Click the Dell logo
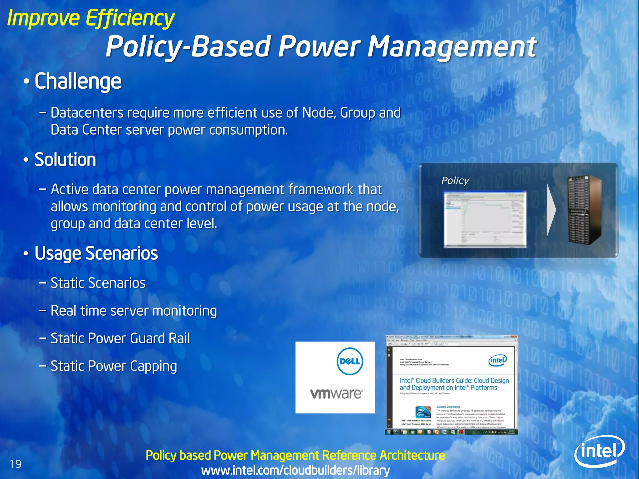(350, 361)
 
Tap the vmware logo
(336, 394)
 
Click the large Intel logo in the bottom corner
(599, 451)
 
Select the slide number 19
(15, 464)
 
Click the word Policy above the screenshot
(455, 181)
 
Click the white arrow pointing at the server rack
(551, 210)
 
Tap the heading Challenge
(78, 81)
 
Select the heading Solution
(65, 160)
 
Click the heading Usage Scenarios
(96, 253)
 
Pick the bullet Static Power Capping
(114, 366)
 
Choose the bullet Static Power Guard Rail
(120, 338)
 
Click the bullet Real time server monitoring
(134, 311)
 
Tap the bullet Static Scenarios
(98, 283)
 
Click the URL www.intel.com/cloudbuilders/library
(295, 470)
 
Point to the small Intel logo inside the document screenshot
(498, 360)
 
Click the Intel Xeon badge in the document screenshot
(423, 412)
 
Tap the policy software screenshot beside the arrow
(485, 219)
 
